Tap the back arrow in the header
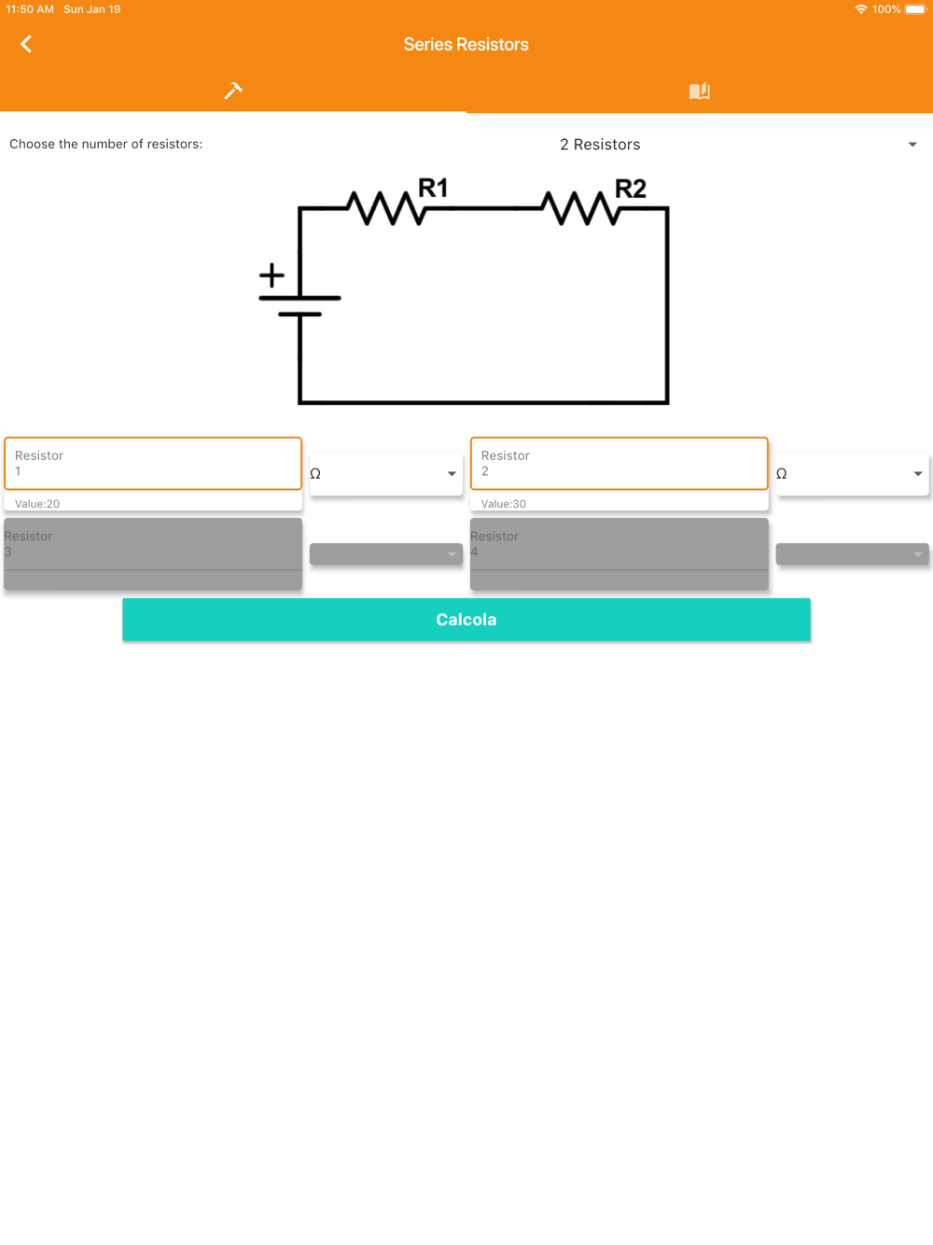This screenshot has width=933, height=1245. (26, 44)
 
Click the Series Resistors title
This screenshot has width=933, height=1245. (466, 44)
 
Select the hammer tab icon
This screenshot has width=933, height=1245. (233, 91)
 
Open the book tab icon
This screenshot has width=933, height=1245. (699, 91)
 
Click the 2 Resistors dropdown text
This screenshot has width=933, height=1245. (600, 145)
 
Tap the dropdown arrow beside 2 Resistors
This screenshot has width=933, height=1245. (912, 145)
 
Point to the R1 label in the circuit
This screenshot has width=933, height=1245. (433, 189)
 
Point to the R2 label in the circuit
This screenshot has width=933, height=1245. (631, 189)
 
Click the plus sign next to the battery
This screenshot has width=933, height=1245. (272, 275)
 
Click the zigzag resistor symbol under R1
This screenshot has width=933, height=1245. (386, 208)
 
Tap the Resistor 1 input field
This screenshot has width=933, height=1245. (153, 464)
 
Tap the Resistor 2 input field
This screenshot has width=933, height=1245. (619, 464)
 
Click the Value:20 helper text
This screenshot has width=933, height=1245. (37, 504)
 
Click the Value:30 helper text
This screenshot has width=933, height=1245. (504, 504)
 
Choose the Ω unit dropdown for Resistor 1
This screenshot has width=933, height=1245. (384, 474)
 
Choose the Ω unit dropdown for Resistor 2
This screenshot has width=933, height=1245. (851, 474)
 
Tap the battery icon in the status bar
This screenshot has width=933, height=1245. (915, 9)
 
